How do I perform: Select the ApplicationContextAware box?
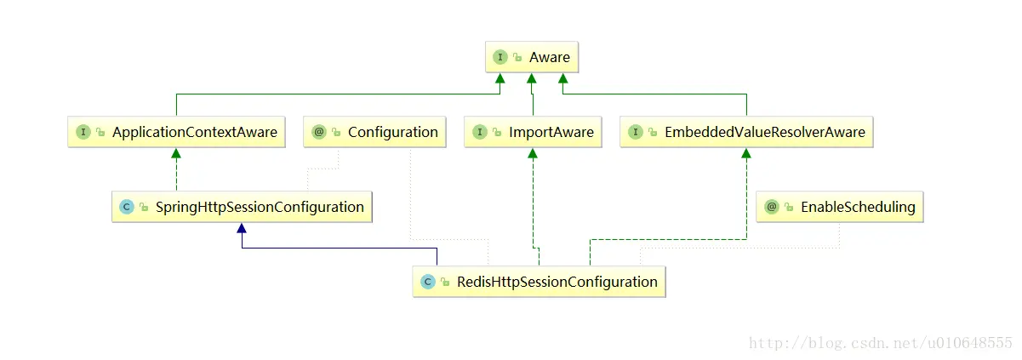[176, 132]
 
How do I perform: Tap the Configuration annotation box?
[375, 132]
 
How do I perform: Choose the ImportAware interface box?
[533, 132]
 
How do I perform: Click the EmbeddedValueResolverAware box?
[746, 132]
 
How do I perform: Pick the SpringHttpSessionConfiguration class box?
[243, 207]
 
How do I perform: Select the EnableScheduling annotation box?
[839, 207]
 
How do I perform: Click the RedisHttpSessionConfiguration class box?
[539, 282]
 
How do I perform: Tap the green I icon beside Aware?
[500, 57]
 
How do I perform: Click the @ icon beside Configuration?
[319, 132]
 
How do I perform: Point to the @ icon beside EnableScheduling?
[772, 207]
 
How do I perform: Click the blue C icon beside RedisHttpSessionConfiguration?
[428, 282]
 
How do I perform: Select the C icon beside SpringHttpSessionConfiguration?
[127, 207]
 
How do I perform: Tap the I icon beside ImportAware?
[480, 132]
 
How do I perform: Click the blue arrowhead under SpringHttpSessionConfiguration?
[243, 228]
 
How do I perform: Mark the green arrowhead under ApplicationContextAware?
[176, 153]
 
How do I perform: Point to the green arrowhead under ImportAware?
[533, 153]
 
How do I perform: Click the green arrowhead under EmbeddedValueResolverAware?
[746, 153]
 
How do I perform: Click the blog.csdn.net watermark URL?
[880, 343]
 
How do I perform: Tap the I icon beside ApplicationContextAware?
[83, 132]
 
